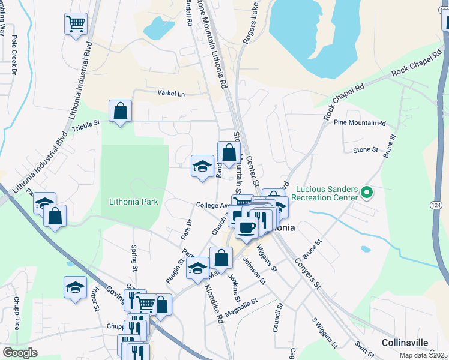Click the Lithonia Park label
133,202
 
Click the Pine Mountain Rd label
360,123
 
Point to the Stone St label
366,149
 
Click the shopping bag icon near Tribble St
120,111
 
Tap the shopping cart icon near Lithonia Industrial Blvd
76,24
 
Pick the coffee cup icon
246,227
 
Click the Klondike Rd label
215,305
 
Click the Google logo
20,353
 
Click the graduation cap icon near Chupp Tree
75,287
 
